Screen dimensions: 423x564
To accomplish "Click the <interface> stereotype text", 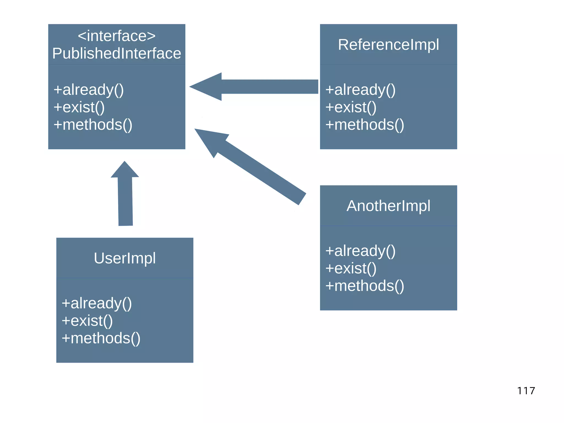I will click(116, 36).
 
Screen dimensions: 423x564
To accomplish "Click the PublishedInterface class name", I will click(116, 53).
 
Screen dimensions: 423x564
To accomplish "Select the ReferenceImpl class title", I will click(388, 44).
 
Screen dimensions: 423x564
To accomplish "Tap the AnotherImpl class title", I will click(388, 206).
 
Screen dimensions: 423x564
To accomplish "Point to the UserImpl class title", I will click(125, 258).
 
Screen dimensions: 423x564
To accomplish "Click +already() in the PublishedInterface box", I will click(89, 90).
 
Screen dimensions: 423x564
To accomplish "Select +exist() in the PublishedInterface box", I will click(79, 107).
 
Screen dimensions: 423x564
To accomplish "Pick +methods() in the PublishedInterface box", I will click(93, 125).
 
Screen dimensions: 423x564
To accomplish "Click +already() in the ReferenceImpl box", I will click(360, 90).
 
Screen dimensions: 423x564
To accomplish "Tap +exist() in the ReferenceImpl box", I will click(351, 107).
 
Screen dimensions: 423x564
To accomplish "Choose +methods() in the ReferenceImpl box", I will click(364, 125).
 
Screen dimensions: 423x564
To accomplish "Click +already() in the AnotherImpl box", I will click(360, 251).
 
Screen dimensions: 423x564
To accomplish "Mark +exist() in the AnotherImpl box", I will click(351, 268).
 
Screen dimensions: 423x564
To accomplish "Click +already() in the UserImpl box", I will click(97, 303).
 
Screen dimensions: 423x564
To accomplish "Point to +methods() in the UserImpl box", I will click(101, 338).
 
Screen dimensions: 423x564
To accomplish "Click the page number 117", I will click(526, 391).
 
